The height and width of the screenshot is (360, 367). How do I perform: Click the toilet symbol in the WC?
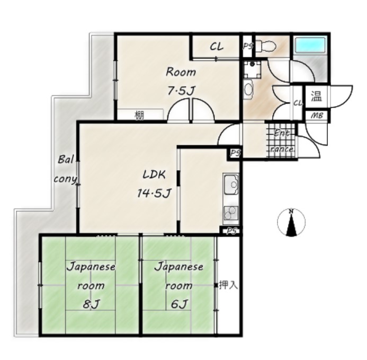[x=266, y=46]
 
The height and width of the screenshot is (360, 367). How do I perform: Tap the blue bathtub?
[x=310, y=45]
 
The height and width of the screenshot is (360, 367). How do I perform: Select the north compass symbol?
[x=291, y=222]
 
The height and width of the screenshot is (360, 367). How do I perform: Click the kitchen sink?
[x=231, y=186]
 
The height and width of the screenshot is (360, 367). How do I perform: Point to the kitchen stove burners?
[x=231, y=213]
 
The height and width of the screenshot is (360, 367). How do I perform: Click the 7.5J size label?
[x=182, y=90]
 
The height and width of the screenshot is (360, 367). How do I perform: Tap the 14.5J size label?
[x=154, y=193]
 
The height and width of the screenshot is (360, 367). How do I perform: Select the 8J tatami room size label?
[x=91, y=304]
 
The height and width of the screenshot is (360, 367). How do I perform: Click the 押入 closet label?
[x=228, y=285]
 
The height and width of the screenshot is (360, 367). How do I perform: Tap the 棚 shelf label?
[x=139, y=116]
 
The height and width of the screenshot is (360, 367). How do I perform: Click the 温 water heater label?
[x=316, y=96]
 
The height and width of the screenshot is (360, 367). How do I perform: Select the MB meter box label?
[x=317, y=116]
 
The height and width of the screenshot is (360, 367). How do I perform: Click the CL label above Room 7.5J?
[x=217, y=47]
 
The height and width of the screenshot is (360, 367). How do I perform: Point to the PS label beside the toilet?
[x=248, y=46]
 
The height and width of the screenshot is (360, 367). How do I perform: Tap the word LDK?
[x=154, y=174]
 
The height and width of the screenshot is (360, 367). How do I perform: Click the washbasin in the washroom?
[x=248, y=89]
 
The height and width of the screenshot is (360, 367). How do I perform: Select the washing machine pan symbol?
[x=252, y=69]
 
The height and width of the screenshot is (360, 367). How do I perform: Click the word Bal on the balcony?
[x=66, y=160]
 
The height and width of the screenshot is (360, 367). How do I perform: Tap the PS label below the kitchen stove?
[x=232, y=231]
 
